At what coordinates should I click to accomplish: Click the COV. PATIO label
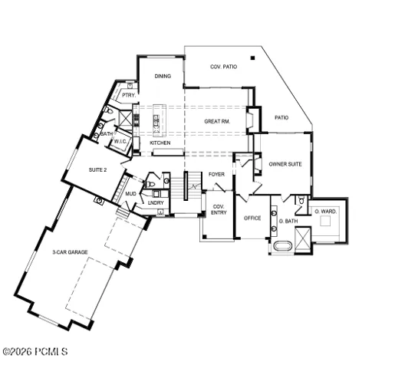[x=223, y=67]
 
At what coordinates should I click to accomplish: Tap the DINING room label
[x=163, y=76]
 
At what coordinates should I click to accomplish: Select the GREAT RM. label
[x=217, y=122]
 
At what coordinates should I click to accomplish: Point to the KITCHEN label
[x=160, y=143]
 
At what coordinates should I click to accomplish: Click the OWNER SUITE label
[x=285, y=164]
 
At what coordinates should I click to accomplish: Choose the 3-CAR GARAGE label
[x=70, y=252]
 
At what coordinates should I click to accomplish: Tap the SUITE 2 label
[x=97, y=170]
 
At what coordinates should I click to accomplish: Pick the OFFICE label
[x=252, y=218]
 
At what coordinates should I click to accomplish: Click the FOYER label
[x=216, y=174]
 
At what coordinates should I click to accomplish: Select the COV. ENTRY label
[x=219, y=209]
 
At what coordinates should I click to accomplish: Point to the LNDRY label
[x=156, y=202]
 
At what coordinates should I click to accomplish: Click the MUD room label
[x=130, y=194]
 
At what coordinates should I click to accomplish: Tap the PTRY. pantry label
[x=129, y=95]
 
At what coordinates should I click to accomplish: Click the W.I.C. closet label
[x=120, y=141]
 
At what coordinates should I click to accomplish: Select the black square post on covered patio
[x=252, y=58]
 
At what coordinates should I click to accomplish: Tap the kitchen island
[x=160, y=120]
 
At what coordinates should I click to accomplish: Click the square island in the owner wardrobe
[x=325, y=221]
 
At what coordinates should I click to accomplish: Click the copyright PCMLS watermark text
[x=35, y=352]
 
